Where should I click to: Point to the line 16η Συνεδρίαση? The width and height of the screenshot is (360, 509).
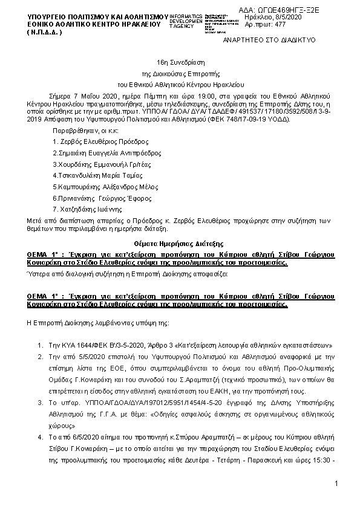point(180,62)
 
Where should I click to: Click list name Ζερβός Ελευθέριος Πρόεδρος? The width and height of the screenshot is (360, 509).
point(88,140)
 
